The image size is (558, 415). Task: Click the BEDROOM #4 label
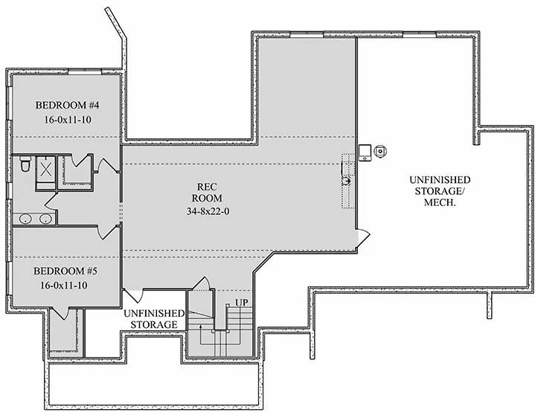coord(63,105)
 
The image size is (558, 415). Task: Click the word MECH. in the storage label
coord(439,204)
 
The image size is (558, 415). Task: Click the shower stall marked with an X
coord(46,169)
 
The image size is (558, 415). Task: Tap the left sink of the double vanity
coord(25,219)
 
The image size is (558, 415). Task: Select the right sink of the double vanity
coord(45,219)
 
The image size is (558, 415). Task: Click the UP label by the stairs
coord(241,303)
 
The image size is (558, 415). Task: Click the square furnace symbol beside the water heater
coord(365,152)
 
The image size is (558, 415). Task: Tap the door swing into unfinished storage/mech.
coord(362,236)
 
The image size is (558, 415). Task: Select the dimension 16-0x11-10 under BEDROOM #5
coord(63,285)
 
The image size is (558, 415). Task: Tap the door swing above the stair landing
coord(201,286)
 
